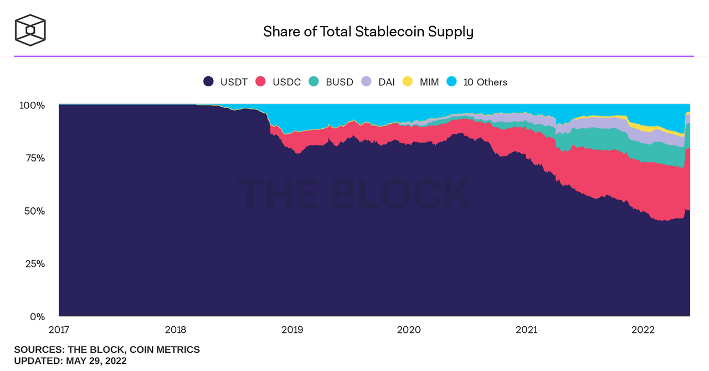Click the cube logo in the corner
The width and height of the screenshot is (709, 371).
tap(30, 30)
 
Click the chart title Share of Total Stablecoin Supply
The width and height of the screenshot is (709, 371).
tap(368, 32)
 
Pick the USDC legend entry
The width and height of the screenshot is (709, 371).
tap(278, 82)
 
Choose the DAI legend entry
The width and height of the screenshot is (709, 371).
tap(378, 82)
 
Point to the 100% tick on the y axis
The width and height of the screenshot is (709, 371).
tap(33, 105)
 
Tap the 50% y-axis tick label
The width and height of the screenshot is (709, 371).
tap(34, 211)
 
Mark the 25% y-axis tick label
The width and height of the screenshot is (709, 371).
tap(34, 264)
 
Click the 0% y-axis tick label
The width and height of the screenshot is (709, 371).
tap(37, 317)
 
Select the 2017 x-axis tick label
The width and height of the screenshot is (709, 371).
tap(59, 330)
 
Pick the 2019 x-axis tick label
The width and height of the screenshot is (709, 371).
tap(292, 330)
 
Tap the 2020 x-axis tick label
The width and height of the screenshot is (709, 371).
tap(409, 330)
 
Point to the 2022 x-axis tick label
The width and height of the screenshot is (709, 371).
tap(644, 330)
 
